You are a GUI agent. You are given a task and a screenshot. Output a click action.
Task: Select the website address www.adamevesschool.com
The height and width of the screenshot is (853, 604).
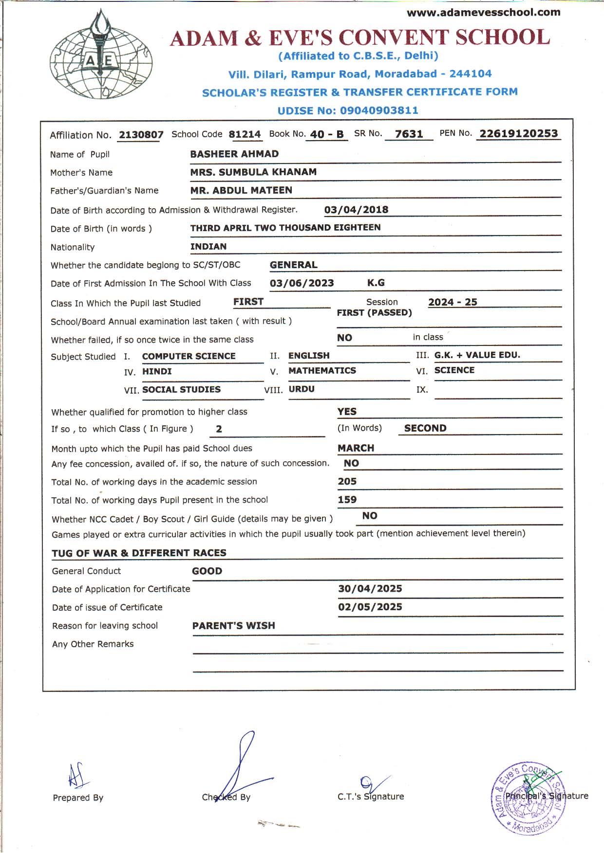tap(483, 13)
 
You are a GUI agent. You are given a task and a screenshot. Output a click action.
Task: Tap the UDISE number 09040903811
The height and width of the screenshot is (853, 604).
tap(379, 110)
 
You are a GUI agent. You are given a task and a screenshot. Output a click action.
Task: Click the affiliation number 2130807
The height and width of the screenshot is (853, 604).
tap(141, 135)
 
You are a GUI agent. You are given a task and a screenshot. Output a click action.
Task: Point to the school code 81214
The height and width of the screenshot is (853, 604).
tap(245, 134)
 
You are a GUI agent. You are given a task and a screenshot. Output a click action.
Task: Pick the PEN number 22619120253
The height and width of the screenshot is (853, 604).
tap(518, 133)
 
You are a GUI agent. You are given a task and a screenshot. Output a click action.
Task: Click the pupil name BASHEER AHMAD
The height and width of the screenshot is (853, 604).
tap(234, 154)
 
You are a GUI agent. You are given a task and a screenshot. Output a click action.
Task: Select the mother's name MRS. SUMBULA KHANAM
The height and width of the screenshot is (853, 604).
tap(253, 172)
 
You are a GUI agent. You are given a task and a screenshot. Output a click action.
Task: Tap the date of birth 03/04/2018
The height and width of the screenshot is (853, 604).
tap(356, 210)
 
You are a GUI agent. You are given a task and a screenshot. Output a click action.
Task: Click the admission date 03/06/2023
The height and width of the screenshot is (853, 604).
tap(302, 283)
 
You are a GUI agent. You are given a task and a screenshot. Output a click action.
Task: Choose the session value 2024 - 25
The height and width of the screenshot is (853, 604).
tap(453, 302)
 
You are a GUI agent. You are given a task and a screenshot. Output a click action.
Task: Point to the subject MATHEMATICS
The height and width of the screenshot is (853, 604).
tap(322, 371)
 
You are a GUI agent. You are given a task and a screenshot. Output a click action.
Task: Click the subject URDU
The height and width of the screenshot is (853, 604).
tap(302, 389)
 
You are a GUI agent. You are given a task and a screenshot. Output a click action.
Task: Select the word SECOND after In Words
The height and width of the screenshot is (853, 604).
tap(425, 428)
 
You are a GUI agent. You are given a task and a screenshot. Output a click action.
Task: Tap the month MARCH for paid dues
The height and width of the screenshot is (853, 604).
tap(356, 448)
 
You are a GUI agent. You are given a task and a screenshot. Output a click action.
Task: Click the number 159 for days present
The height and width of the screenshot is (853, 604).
tap(347, 500)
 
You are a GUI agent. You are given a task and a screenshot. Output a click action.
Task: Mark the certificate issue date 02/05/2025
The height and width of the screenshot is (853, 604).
tap(370, 607)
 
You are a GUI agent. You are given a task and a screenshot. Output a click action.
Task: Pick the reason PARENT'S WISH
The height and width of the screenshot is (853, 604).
tap(233, 626)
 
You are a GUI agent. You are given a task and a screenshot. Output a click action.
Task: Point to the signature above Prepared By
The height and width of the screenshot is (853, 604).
tap(77, 775)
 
